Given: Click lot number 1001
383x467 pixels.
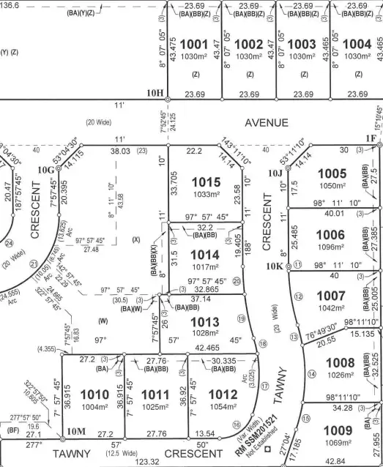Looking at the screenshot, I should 194,45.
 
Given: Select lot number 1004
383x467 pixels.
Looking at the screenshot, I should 356,45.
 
